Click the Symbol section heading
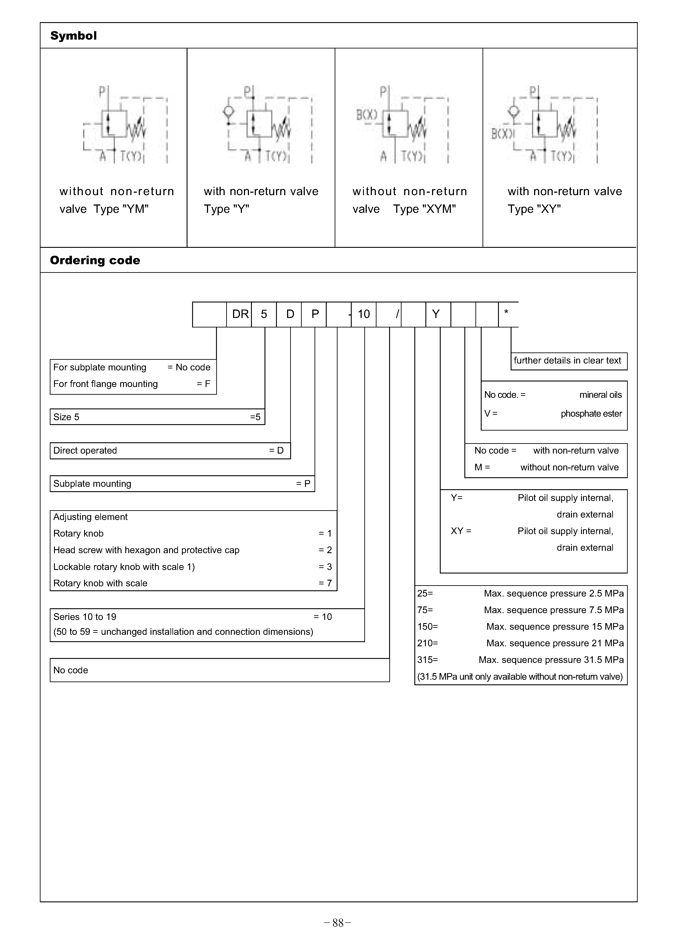(x=73, y=36)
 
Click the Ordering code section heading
(x=95, y=260)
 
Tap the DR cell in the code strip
(x=240, y=314)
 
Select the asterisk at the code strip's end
(x=506, y=312)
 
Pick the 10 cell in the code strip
(x=364, y=314)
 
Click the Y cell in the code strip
(x=436, y=314)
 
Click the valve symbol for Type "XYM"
(x=403, y=124)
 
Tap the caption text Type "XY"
(x=534, y=209)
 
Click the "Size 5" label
(x=66, y=417)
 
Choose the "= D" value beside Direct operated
(x=276, y=450)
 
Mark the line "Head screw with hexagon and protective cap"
(x=146, y=550)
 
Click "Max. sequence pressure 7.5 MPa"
(x=554, y=610)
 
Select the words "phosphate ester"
(x=591, y=414)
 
